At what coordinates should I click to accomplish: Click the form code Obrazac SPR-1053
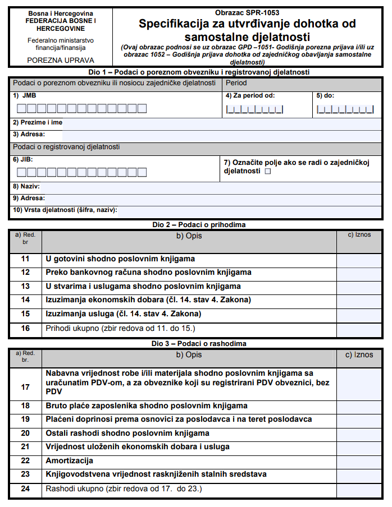coord(247,12)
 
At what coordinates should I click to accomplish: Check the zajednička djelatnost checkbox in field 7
coord(267,171)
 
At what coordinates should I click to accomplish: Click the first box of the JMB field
coord(20,108)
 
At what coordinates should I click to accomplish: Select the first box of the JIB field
coord(20,172)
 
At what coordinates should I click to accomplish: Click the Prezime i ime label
coord(38,122)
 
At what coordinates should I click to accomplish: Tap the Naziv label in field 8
coord(26,186)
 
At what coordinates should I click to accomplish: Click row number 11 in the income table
coord(25,259)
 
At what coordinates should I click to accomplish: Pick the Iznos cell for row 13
coord(359,287)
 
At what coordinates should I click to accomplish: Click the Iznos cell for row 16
coord(359,328)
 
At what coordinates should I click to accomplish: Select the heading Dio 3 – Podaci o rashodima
coord(195,343)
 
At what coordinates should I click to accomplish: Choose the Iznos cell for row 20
coord(359,433)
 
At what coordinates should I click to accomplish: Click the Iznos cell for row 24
coord(359,489)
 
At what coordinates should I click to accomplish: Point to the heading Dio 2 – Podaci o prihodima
coord(195,224)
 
